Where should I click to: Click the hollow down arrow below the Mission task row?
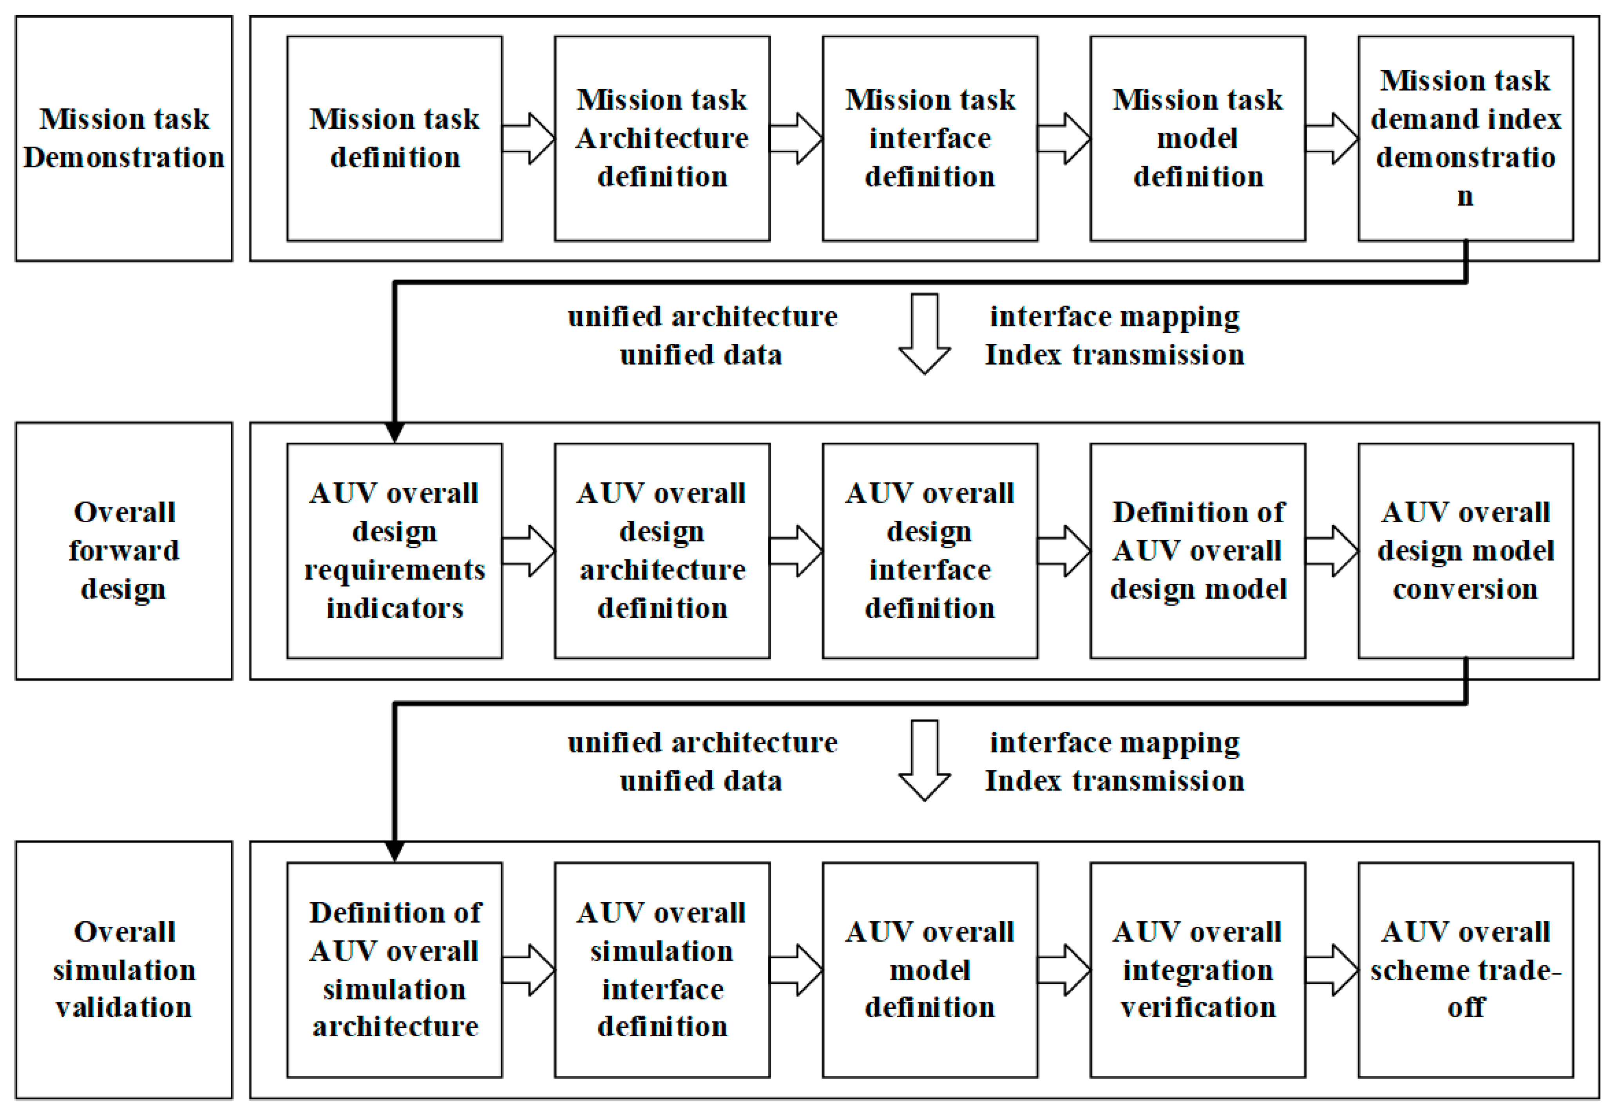[x=924, y=334]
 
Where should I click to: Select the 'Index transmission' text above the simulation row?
[x=1114, y=781]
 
